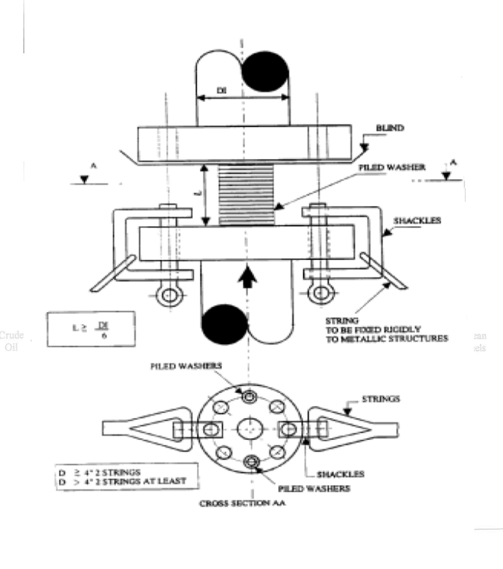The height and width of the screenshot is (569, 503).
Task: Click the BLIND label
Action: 390,128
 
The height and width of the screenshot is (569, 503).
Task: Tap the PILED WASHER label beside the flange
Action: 392,167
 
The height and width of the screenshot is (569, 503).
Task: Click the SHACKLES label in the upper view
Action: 417,220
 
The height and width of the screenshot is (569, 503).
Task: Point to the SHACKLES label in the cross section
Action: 340,474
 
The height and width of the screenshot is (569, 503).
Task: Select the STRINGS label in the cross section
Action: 381,399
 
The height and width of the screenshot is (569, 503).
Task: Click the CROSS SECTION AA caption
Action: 242,503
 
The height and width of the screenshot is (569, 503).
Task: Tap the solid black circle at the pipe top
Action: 265,72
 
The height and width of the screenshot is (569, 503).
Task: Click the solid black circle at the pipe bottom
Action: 225,324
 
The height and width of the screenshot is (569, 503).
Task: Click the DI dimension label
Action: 221,90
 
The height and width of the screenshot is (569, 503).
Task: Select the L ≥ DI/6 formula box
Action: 91,329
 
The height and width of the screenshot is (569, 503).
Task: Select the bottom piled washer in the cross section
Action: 251,462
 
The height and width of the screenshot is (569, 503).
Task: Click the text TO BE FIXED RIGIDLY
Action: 373,330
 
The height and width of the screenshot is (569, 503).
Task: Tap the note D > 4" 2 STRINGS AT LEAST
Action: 123,481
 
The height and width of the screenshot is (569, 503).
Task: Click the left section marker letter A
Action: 94,166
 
